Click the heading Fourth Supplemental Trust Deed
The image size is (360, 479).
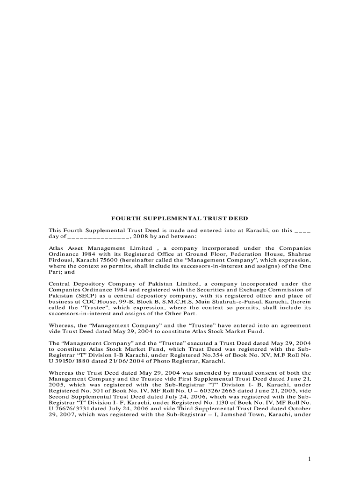click(x=179, y=218)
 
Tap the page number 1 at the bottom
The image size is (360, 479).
click(x=309, y=459)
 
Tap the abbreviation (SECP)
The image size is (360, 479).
click(x=83, y=296)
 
